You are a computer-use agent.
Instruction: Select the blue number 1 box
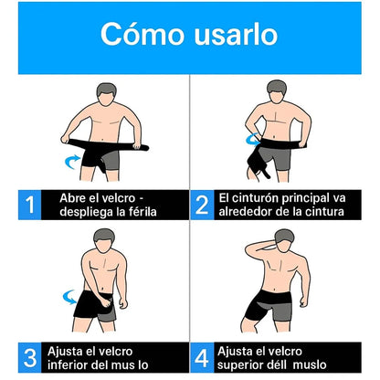pyautogui.click(x=29, y=206)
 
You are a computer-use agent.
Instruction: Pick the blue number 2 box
pyautogui.click(x=202, y=206)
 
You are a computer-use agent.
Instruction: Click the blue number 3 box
pyautogui.click(x=29, y=357)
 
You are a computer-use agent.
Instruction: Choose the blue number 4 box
pyautogui.click(x=202, y=357)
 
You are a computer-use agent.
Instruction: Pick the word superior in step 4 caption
pyautogui.click(x=248, y=365)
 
